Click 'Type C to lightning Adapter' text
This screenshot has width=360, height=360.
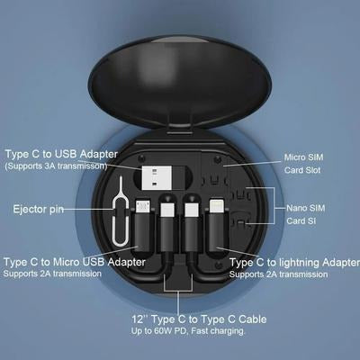point(293,261)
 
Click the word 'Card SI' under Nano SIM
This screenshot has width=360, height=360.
point(301,220)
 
